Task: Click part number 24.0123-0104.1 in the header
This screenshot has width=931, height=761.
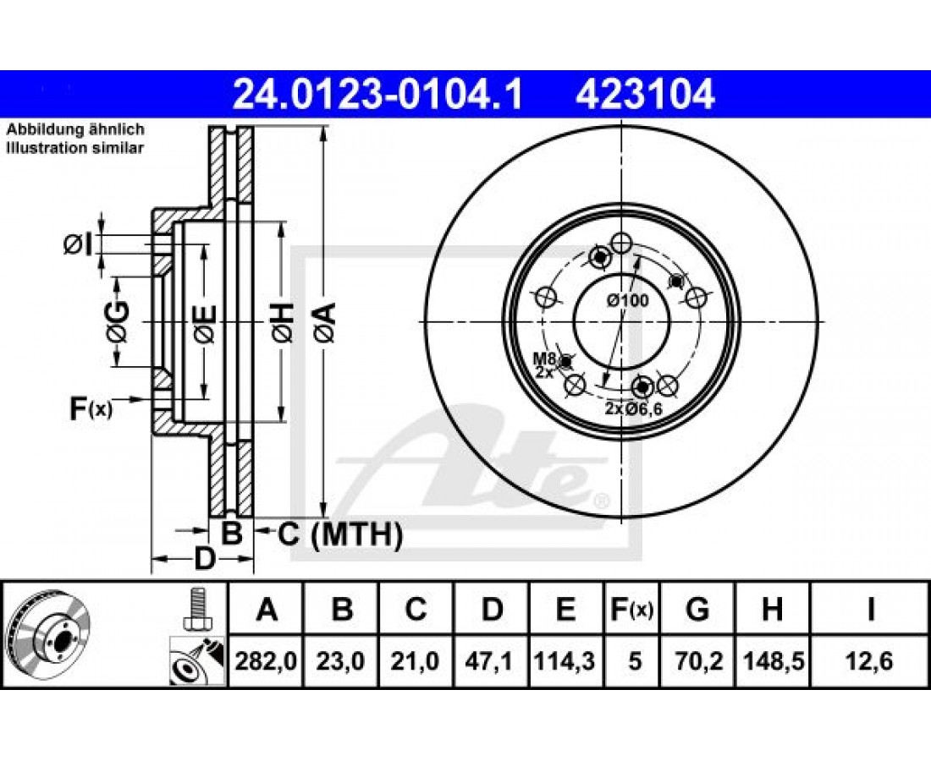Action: click(377, 95)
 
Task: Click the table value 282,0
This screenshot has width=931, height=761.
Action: click(266, 660)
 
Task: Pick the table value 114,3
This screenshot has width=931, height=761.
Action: click(565, 660)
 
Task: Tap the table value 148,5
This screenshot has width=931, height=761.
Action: click(773, 660)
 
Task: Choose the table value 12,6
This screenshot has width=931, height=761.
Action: click(870, 660)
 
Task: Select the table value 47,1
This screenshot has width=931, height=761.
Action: click(490, 660)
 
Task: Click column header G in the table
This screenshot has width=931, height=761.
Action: click(697, 609)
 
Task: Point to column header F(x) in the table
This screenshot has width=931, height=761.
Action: click(631, 609)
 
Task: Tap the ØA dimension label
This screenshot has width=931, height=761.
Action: click(325, 322)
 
